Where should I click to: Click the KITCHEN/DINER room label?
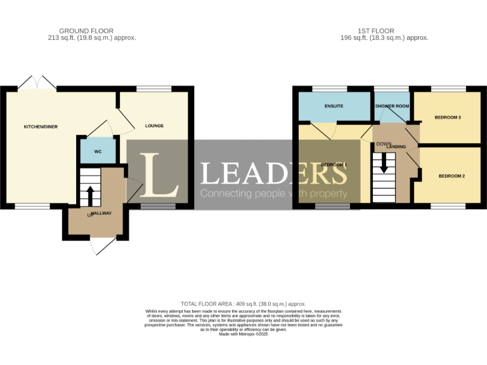pos(41,127)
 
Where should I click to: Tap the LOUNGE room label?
pos(154,125)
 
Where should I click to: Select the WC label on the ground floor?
pos(98,152)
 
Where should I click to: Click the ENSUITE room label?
pos(334,106)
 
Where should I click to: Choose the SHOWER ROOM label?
pos(392,106)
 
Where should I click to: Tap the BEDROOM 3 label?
pos(448,118)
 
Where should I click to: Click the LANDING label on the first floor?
pos(396,146)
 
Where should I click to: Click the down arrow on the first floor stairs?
pos(383,165)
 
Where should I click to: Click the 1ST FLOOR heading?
pos(376,30)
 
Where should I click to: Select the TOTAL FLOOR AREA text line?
pos(243,304)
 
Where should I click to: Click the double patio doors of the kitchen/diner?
pos(37,83)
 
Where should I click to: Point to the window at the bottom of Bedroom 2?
pos(447,206)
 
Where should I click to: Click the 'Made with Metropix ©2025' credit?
pos(243,334)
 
